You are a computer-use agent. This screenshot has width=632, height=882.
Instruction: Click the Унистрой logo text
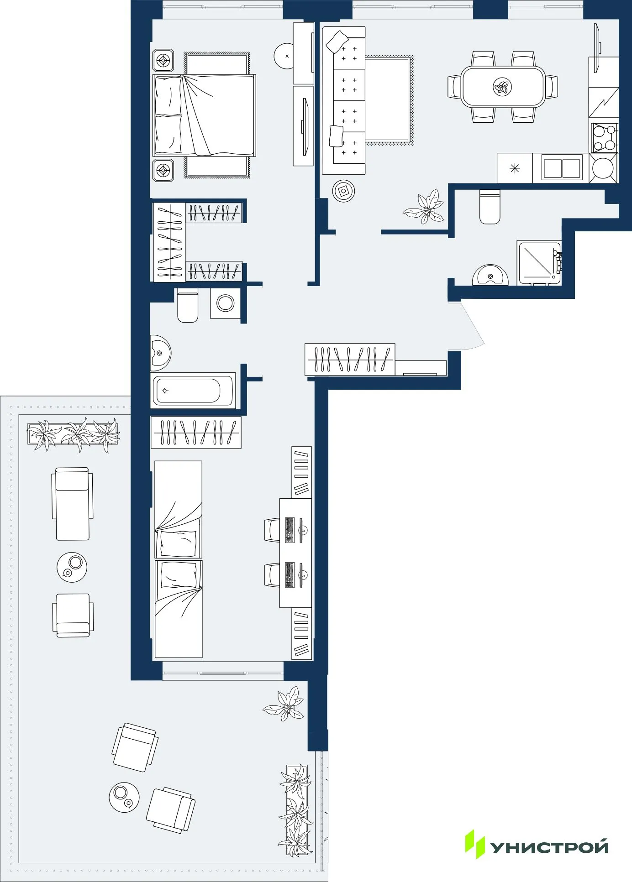[549, 847]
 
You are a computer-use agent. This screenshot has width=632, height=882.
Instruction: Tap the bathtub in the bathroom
[193, 391]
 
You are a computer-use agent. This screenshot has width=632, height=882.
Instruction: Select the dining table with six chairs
[503, 87]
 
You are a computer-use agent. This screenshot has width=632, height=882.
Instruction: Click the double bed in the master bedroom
[205, 115]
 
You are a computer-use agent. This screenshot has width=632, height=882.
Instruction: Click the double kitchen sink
[562, 168]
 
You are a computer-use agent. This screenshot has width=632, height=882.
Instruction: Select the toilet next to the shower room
[490, 207]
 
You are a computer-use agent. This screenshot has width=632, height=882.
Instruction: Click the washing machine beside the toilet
[225, 303]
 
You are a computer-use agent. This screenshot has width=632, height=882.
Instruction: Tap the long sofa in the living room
[343, 100]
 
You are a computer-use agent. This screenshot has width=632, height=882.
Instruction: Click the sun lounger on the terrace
[72, 504]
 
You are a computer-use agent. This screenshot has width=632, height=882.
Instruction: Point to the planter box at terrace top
[73, 434]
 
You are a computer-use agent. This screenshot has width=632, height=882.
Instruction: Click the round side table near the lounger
[72, 567]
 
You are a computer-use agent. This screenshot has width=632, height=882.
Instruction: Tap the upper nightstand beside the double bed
[163, 60]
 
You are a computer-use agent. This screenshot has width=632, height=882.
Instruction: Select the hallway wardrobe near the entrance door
[349, 360]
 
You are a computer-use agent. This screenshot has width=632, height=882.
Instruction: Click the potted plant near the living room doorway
[424, 208]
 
